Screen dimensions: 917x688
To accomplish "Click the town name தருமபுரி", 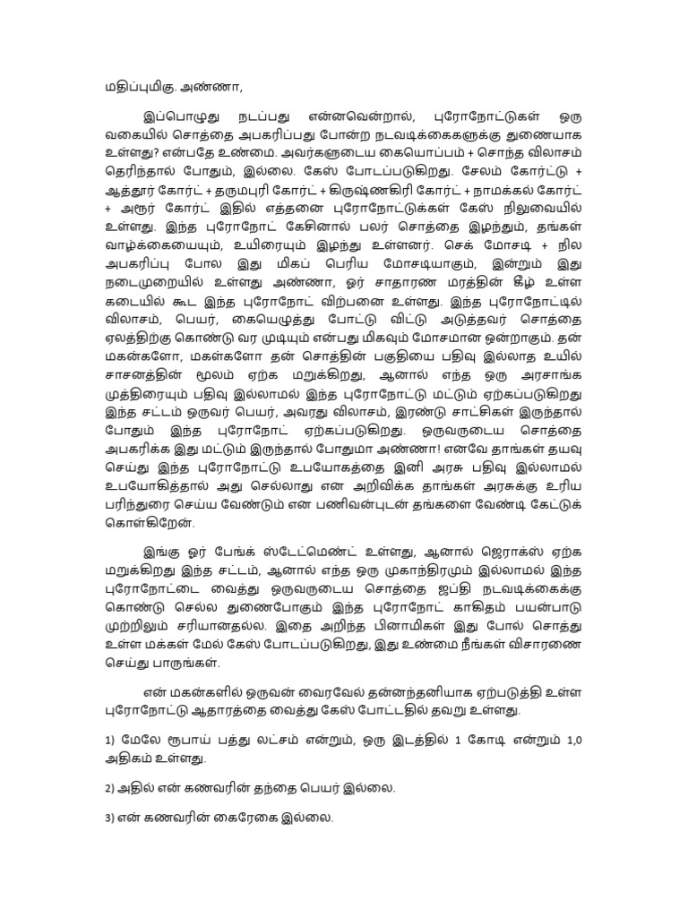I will tap(242, 192).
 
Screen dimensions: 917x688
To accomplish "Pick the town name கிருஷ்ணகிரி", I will tap(357, 192).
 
